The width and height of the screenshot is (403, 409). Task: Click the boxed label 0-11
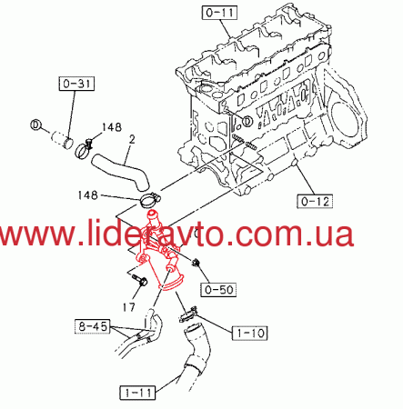220,13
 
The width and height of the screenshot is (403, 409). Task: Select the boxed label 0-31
76,84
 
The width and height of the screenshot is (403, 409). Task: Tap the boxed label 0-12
315,201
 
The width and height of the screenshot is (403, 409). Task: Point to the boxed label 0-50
218,289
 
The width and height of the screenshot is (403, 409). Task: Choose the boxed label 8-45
93,326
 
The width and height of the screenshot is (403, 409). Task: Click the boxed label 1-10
250,333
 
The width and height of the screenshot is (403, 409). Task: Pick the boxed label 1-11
137,393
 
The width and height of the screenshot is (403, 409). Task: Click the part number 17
129,307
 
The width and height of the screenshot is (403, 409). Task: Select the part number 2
132,140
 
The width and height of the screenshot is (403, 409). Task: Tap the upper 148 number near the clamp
112,127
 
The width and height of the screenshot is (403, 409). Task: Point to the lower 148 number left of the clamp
88,195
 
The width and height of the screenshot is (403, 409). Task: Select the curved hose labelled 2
121,172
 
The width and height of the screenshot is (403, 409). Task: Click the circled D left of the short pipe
35,125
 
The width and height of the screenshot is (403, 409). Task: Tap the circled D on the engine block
247,121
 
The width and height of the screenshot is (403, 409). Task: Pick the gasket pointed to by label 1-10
187,314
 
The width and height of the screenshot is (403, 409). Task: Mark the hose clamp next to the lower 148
150,201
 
